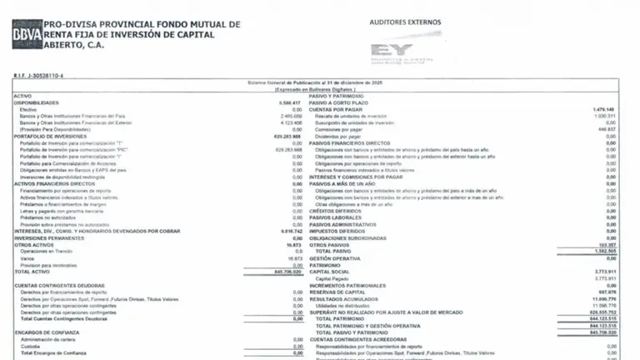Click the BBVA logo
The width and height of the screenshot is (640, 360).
point(27,35)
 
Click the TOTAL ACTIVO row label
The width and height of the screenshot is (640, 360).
point(33,272)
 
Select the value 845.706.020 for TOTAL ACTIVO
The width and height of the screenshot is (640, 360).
point(285,272)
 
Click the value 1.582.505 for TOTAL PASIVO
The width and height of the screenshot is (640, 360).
point(602,252)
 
